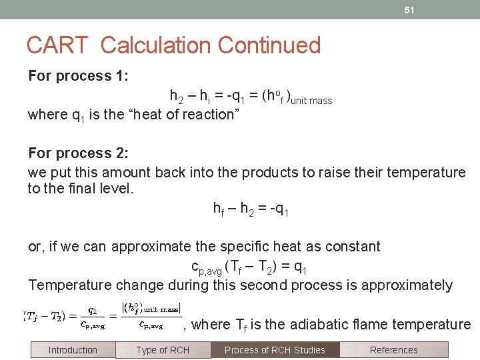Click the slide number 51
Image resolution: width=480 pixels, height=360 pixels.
(x=409, y=11)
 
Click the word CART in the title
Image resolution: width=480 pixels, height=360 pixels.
(x=57, y=45)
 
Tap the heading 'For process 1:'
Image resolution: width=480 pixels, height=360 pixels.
(x=78, y=76)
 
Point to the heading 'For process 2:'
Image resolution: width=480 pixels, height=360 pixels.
(x=78, y=153)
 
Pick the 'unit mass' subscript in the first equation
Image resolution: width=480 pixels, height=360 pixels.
(x=311, y=101)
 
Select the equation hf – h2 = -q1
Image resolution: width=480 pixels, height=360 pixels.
(x=251, y=209)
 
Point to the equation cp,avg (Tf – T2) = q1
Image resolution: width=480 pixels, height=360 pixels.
(x=249, y=267)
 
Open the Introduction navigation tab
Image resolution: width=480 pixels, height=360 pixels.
(x=73, y=350)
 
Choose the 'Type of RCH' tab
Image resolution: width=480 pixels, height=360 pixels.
(x=163, y=350)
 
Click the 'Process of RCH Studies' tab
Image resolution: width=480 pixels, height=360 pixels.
(x=275, y=350)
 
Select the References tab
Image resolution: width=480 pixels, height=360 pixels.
(x=393, y=350)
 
